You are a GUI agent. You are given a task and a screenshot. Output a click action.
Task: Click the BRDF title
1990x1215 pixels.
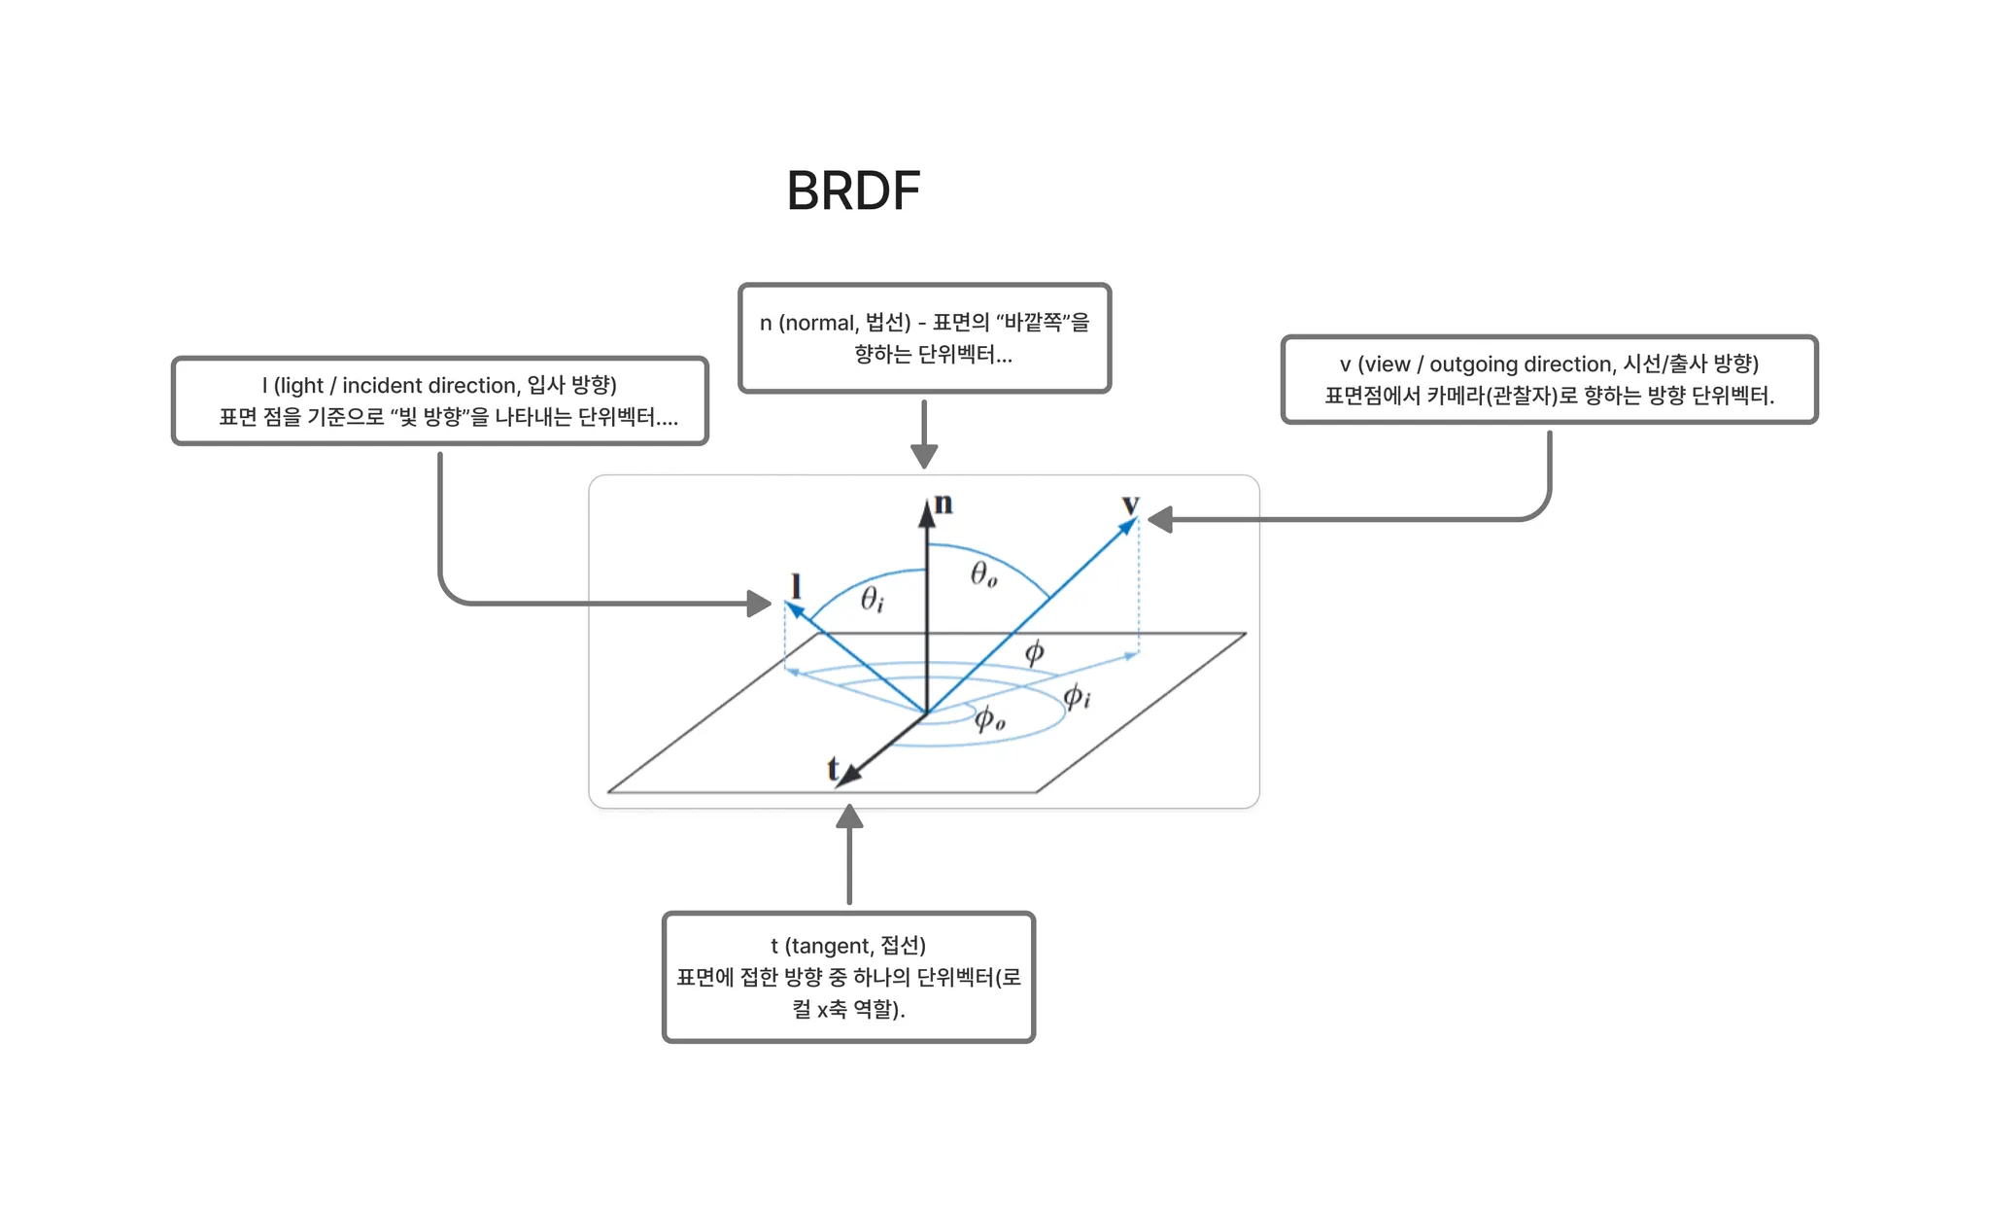point(853,191)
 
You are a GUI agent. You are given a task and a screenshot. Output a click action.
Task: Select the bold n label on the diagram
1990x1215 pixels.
point(944,503)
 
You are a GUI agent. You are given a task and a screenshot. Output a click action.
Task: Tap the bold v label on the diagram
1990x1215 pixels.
point(1130,504)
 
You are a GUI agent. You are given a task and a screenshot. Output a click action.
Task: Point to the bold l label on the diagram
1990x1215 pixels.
point(796,586)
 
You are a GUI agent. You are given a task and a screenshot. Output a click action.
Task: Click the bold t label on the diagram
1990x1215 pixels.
point(833,768)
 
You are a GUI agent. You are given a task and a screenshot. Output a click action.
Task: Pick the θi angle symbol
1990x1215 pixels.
point(872,600)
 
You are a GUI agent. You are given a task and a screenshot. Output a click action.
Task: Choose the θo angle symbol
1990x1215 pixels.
point(983,574)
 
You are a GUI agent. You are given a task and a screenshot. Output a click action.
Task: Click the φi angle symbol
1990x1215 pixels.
point(1076,696)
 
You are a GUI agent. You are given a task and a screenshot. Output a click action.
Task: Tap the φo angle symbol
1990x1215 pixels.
point(989,719)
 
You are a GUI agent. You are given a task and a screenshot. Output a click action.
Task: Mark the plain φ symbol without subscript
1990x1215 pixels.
point(1034,651)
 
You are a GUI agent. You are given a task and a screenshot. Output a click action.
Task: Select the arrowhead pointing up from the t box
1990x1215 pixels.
point(850,816)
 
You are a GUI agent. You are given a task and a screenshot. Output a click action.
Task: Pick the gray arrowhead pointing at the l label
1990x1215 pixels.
point(759,604)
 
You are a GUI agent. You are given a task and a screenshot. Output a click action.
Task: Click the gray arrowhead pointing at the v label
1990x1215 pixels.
point(1160,520)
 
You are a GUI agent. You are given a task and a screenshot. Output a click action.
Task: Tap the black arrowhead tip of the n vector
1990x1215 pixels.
point(928,512)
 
